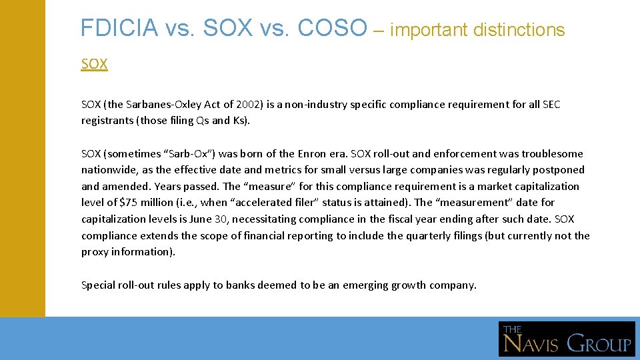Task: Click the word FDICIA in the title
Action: (119, 28)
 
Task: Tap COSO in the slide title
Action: (333, 28)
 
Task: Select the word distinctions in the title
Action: (519, 30)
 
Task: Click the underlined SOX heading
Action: (94, 64)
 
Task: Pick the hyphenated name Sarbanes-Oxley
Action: (163, 105)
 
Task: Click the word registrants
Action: (107, 121)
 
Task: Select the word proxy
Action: (95, 252)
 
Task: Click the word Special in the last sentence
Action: (98, 285)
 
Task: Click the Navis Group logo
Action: (567, 339)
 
